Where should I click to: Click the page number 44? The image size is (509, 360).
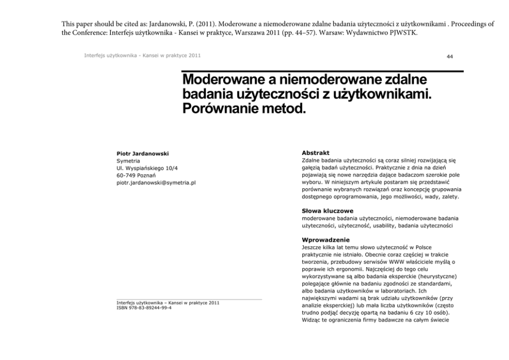tap(449, 56)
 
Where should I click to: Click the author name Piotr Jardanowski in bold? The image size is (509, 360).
tap(143, 153)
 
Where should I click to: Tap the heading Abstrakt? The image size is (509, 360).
tap(316, 153)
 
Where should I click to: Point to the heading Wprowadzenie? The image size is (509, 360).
tap(326, 239)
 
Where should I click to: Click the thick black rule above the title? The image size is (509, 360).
tap(323, 71)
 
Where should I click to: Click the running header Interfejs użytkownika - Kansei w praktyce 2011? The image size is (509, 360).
tap(143, 55)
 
